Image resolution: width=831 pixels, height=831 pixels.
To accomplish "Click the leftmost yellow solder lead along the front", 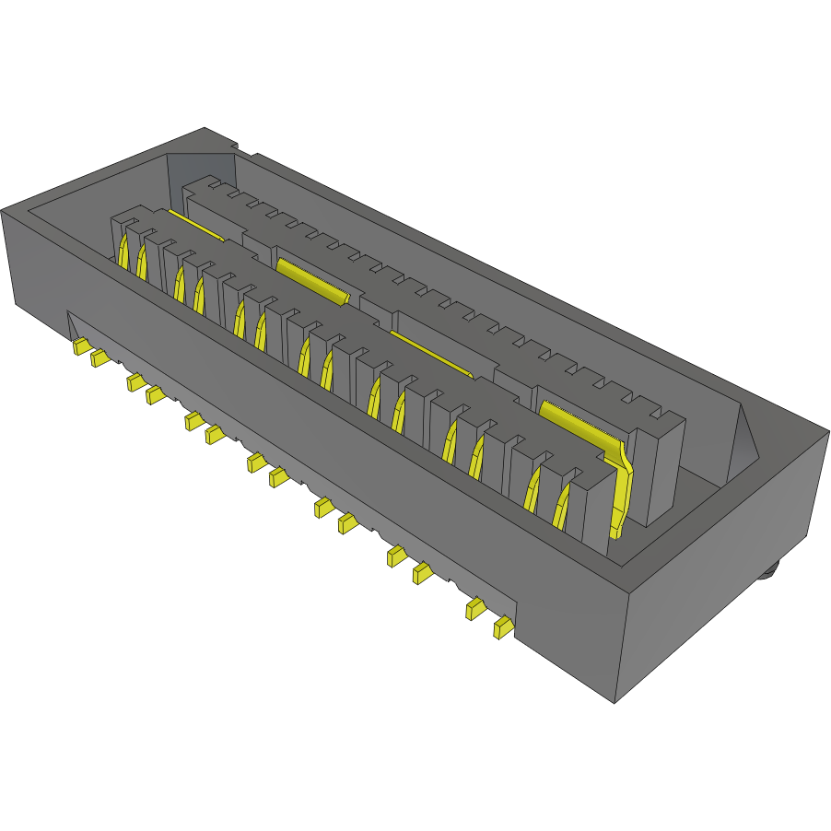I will point(80,346).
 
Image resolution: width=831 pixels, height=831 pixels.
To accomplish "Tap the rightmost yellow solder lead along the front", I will point(502,628).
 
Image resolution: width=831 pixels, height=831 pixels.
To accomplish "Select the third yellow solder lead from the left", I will point(135,381).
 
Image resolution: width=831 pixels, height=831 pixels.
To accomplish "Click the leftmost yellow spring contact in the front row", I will point(121,250).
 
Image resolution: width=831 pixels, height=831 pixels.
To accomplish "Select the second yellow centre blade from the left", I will point(313,282).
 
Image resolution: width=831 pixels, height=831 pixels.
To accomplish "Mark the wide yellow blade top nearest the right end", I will point(571,419).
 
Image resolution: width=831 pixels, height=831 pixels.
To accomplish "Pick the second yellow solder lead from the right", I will point(475,608).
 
